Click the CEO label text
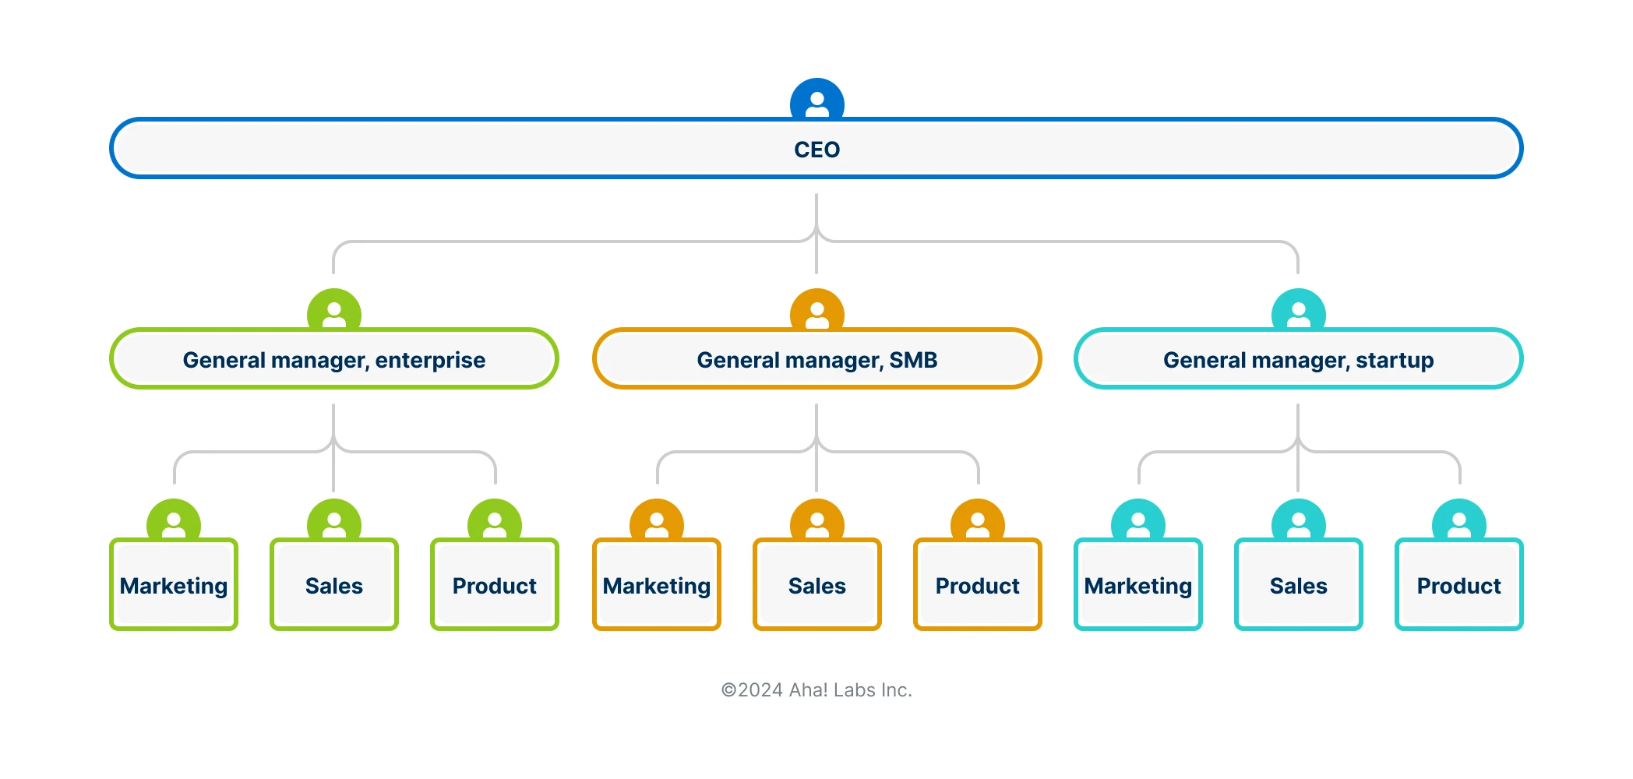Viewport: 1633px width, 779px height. click(x=816, y=150)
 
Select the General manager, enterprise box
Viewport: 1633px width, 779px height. click(x=333, y=359)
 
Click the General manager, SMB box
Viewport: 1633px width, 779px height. click(x=816, y=359)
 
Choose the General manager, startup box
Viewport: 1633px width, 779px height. click(x=1298, y=359)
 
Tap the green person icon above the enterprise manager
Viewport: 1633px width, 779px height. click(x=333, y=312)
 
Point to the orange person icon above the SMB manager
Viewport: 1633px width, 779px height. click(x=816, y=312)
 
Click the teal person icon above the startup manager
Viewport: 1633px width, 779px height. click(x=1298, y=312)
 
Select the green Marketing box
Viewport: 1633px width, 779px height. click(x=174, y=585)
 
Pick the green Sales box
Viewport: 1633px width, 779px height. click(x=334, y=585)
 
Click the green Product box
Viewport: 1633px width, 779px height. click(x=495, y=585)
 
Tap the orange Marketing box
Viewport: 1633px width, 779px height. click(x=657, y=585)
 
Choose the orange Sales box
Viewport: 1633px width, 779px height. click(x=817, y=585)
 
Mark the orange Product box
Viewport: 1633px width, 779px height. click(x=978, y=585)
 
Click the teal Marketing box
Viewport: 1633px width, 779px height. click(x=1138, y=585)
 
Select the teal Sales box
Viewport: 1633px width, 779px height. click(x=1299, y=585)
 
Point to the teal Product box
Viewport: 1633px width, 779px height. click(x=1459, y=585)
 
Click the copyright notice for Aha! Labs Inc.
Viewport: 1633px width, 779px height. click(x=816, y=690)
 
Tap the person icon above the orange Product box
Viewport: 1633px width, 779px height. click(x=978, y=522)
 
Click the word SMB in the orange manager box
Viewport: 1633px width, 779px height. click(x=913, y=360)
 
